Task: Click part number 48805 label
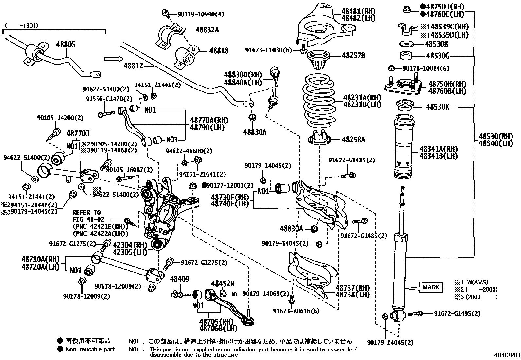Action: click(x=65, y=44)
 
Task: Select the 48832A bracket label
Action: click(x=207, y=30)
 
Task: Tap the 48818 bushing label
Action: click(x=219, y=51)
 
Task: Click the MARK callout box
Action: click(x=431, y=287)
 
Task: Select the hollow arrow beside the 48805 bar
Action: click(x=113, y=59)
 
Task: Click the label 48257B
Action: click(x=353, y=55)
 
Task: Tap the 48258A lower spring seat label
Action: click(x=353, y=140)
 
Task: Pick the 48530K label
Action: click(x=438, y=107)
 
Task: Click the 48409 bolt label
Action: click(x=179, y=279)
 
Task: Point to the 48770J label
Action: click(x=78, y=133)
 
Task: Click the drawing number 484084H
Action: click(x=507, y=355)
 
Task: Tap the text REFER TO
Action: click(x=86, y=212)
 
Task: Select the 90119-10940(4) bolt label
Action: click(x=201, y=14)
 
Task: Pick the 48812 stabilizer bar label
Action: click(x=133, y=66)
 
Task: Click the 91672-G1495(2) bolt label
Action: click(x=457, y=313)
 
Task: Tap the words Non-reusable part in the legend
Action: click(x=90, y=349)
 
